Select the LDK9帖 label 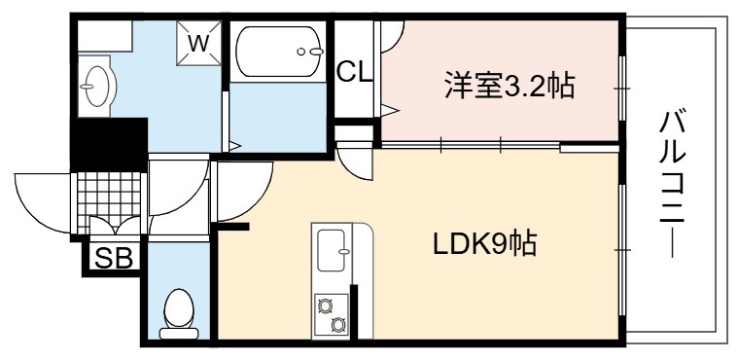pyautogui.click(x=485, y=243)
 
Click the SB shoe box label pyautogui.click(x=114, y=258)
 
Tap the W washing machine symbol pyautogui.click(x=198, y=43)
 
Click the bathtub pyautogui.click(x=279, y=52)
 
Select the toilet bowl pyautogui.click(x=179, y=307)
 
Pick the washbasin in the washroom pyautogui.click(x=96, y=87)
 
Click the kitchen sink pyautogui.click(x=332, y=250)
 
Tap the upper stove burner pyautogui.click(x=324, y=306)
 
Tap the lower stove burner pyautogui.click(x=337, y=324)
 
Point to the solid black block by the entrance pyautogui.click(x=109, y=144)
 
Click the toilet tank pyautogui.click(x=179, y=334)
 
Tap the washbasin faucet pyautogui.click(x=87, y=87)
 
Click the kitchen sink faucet pyautogui.click(x=344, y=251)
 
